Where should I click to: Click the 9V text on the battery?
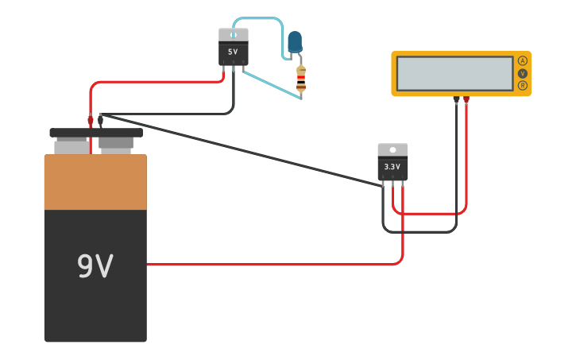95,266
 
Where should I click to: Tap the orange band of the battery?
95,182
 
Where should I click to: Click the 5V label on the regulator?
233,52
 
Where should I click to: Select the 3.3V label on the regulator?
392,167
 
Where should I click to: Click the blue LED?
295,42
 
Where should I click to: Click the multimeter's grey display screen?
454,73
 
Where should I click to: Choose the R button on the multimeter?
522,85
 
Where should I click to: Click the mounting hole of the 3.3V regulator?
392,150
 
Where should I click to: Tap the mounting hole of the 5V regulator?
233,35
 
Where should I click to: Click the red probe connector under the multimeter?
466,100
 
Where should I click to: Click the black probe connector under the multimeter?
456,100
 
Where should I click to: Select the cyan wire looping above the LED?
258,18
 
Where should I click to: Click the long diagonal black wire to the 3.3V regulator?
238,149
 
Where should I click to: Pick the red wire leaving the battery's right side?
270,264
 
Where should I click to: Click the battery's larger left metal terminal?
72,146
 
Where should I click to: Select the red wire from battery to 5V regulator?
159,82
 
